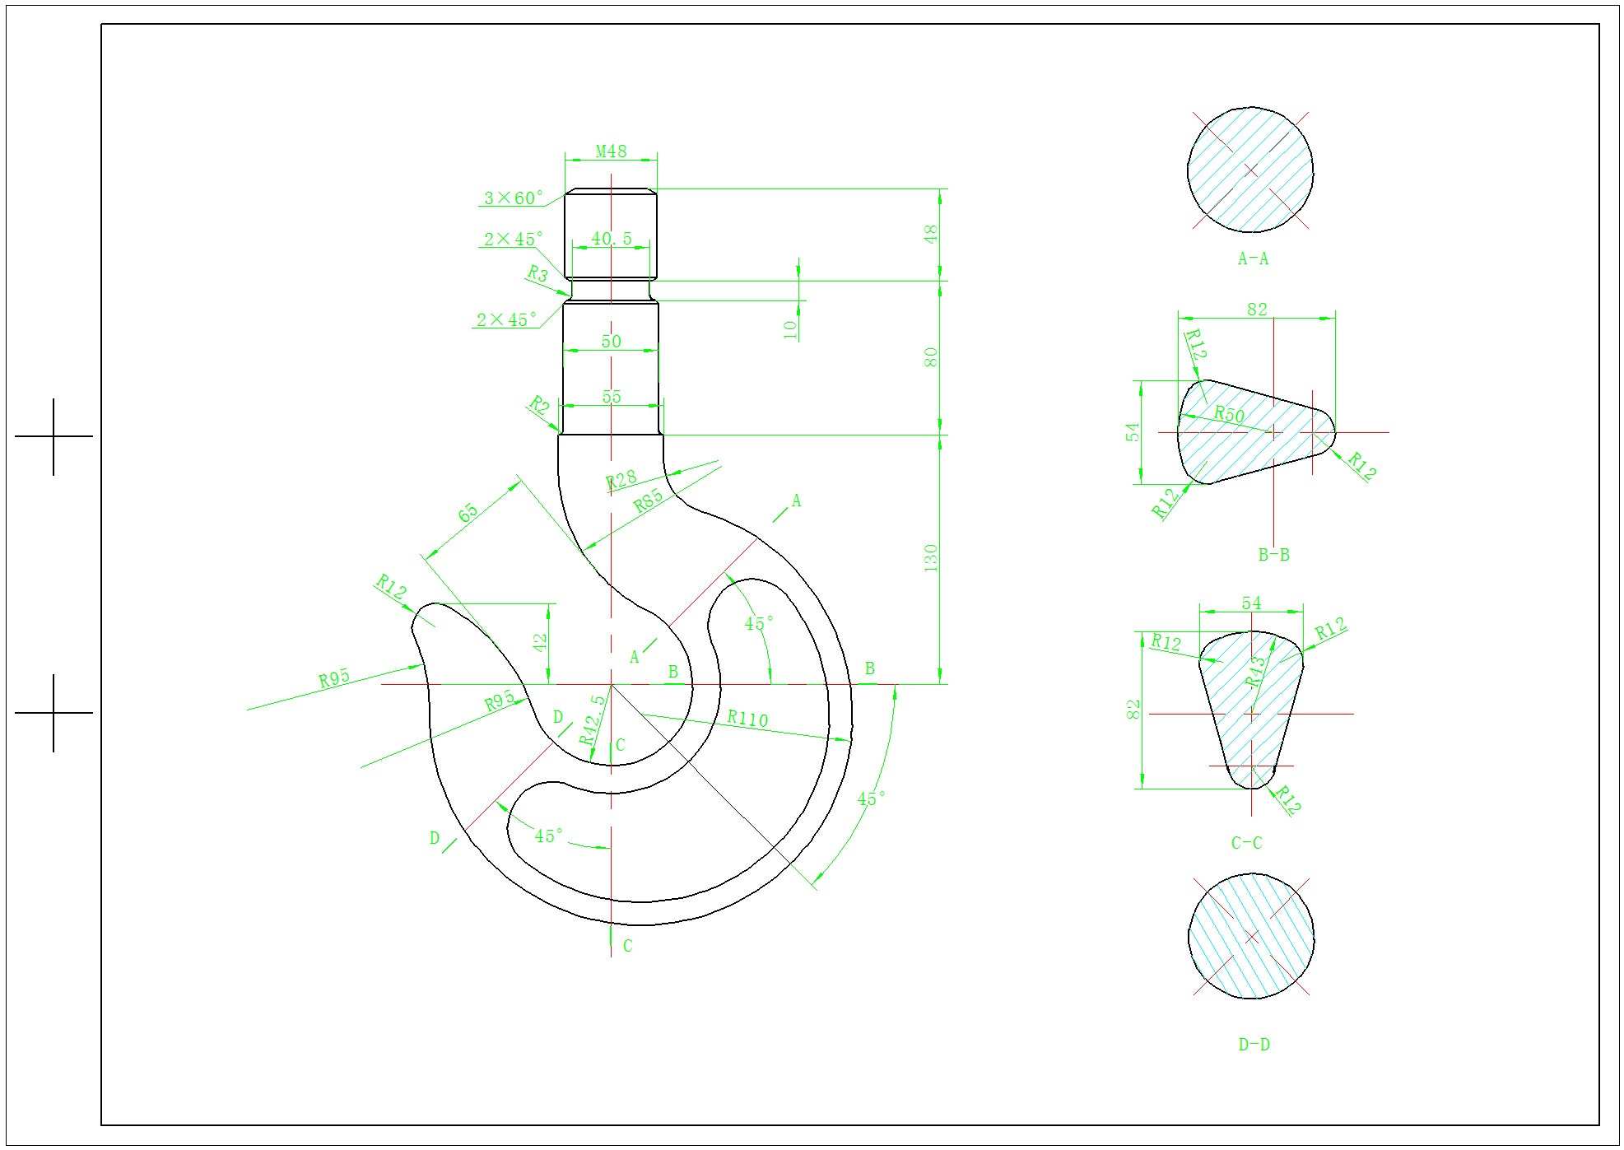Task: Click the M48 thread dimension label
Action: tap(611, 151)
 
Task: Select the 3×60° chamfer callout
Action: tap(514, 198)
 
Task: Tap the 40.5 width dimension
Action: tap(612, 239)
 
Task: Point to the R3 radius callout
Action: tap(537, 273)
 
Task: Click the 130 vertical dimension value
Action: tap(931, 558)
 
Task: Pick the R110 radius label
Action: tap(747, 719)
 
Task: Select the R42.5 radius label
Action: tap(592, 719)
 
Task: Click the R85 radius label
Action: tap(648, 501)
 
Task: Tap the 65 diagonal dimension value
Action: tap(468, 513)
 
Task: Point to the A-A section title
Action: tap(1253, 258)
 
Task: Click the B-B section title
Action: tap(1273, 555)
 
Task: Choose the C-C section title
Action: tap(1246, 843)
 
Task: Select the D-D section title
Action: tap(1254, 1045)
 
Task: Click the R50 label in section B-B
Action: tap(1230, 414)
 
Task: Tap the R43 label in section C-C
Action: tap(1255, 672)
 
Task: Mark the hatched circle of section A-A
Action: tap(1250, 170)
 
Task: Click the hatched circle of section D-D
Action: tap(1251, 936)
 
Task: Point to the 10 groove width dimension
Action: tap(790, 329)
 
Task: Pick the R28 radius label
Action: tap(621, 479)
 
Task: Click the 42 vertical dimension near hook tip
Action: tap(540, 642)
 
